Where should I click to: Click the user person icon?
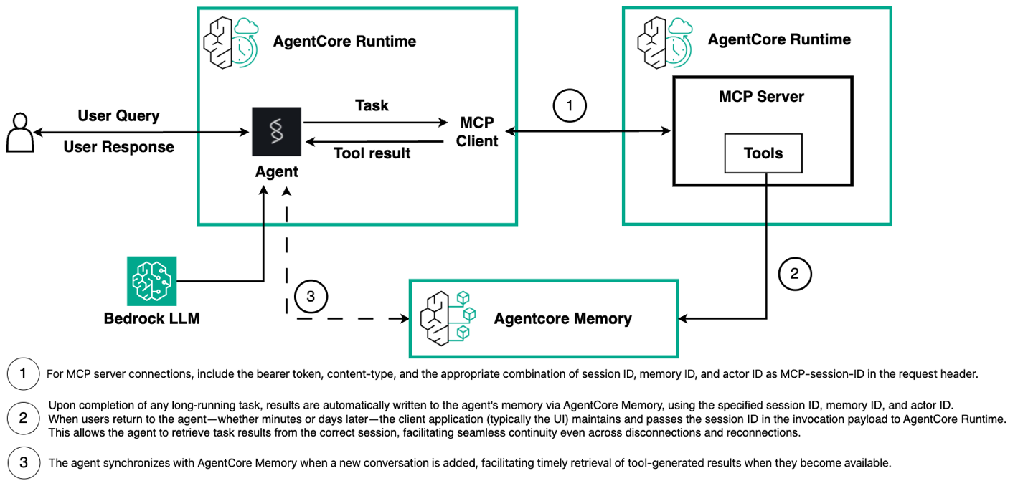click(19, 132)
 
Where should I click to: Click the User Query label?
click(118, 115)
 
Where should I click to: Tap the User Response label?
click(118, 147)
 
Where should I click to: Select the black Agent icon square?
click(276, 131)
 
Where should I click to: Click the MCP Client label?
click(477, 132)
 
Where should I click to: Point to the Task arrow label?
click(372, 105)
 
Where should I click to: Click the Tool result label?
click(372, 153)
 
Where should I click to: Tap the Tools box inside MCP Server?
click(763, 153)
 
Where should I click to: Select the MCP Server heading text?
click(761, 96)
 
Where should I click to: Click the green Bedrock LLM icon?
click(151, 280)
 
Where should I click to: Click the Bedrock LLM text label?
click(151, 318)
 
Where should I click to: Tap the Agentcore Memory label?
click(562, 318)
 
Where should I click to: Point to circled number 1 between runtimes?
click(570, 107)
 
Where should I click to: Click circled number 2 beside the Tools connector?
click(794, 273)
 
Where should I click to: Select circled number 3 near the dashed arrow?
click(311, 296)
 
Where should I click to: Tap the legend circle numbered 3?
click(24, 462)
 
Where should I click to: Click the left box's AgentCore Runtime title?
click(344, 41)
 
